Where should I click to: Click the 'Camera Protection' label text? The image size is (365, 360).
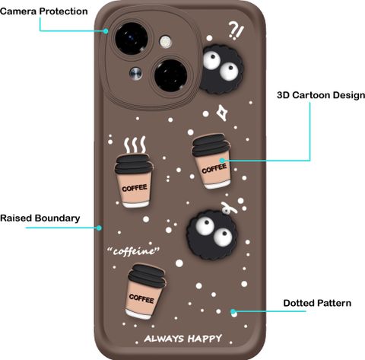[44, 11]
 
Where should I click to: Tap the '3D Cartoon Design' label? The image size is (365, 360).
[321, 95]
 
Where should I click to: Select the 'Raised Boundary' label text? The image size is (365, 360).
[40, 218]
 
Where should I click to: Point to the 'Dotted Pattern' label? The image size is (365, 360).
[317, 303]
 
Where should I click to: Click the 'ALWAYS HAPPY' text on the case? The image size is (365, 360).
[183, 339]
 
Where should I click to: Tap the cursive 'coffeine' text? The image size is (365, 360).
[134, 251]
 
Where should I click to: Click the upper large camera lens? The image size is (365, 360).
[132, 38]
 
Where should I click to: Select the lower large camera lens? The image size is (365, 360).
[170, 75]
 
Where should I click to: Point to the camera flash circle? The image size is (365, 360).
[165, 41]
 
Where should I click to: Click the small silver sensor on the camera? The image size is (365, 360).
[135, 73]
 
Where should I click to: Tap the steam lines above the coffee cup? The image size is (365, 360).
[135, 145]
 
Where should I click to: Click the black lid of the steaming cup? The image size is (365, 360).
[134, 164]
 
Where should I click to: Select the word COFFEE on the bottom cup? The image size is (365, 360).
[141, 298]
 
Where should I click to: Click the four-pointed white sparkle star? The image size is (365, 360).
[221, 113]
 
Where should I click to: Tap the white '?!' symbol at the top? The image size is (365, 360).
[236, 30]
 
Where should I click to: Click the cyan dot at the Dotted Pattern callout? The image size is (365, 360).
[233, 311]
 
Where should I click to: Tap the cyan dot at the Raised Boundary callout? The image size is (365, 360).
[99, 228]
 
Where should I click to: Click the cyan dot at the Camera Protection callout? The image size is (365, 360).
[106, 31]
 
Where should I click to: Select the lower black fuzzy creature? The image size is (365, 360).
[212, 235]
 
